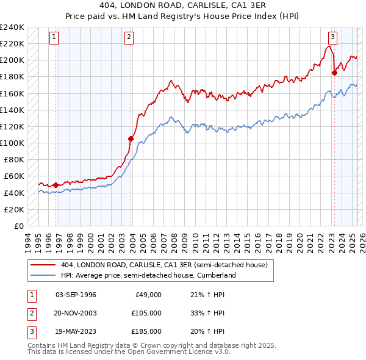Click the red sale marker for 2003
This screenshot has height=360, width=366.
click(x=131, y=139)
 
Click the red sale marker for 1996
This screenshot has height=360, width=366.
click(x=56, y=185)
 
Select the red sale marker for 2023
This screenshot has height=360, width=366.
click(x=334, y=73)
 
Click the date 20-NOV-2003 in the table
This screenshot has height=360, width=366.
click(x=76, y=313)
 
